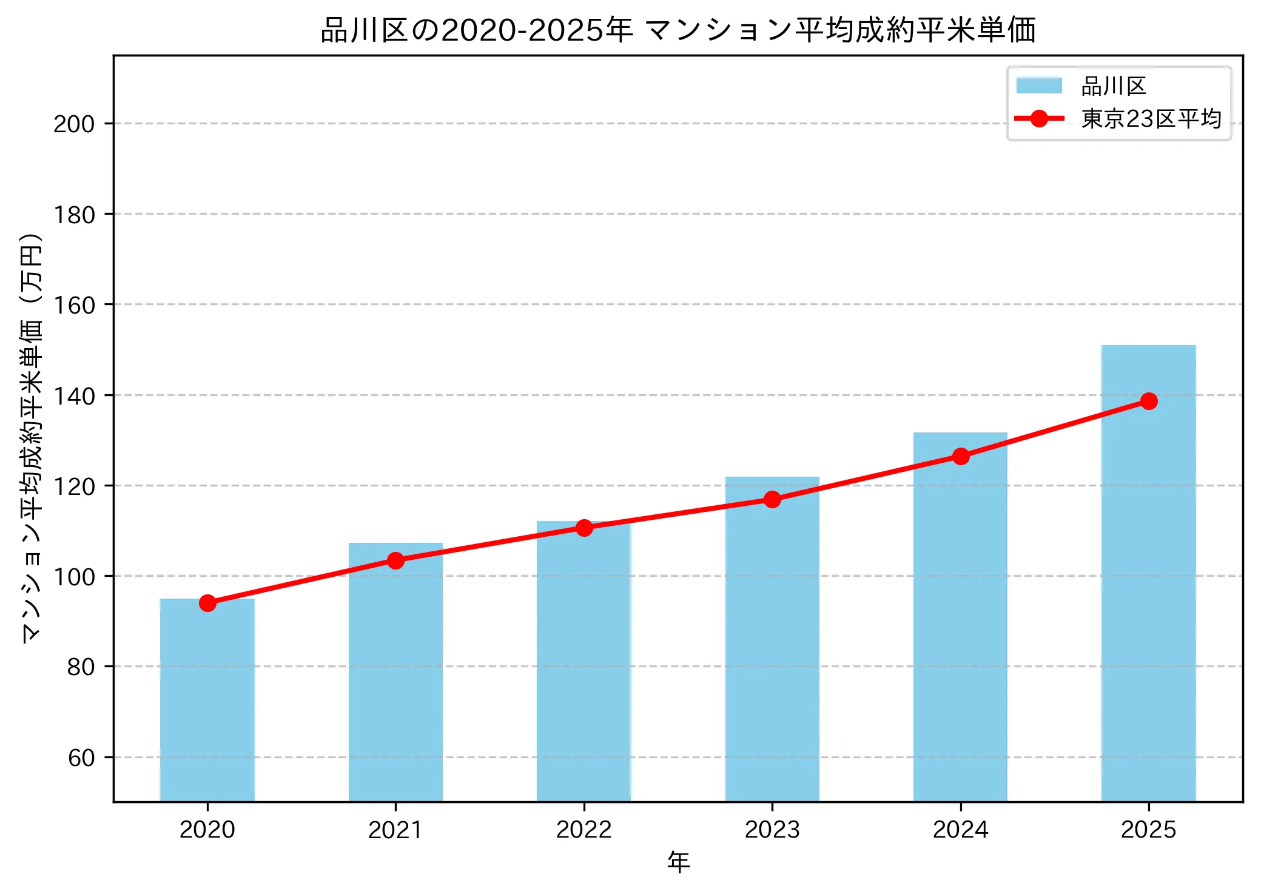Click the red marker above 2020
[x=207, y=603]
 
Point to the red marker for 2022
[x=584, y=528]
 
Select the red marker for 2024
[x=961, y=456]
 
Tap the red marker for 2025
[x=1149, y=401]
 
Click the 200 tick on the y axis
[x=74, y=124]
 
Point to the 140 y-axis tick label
[x=74, y=396]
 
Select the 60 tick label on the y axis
[x=81, y=758]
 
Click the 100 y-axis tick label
[x=74, y=577]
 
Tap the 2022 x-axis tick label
[x=584, y=830]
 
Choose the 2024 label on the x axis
[x=960, y=830]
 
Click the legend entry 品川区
[x=1113, y=86]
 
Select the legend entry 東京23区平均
[x=1151, y=119]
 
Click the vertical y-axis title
[x=32, y=437]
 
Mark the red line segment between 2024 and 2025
[x=1055, y=429]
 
